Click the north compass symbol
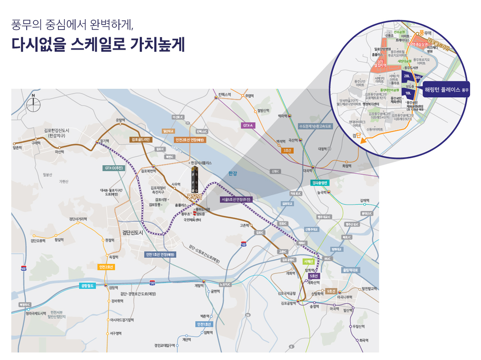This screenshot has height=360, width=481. pos(33,103)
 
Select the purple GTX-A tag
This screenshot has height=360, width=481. pos(248,125)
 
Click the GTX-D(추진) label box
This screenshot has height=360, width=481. pos(113,168)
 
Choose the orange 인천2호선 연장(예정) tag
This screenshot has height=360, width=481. pos(190,140)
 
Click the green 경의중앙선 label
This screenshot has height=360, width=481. pos(320,183)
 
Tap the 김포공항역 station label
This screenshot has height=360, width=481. pos(287,303)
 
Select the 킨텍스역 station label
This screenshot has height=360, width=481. pos(224,95)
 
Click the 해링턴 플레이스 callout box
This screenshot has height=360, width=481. pos(446,89)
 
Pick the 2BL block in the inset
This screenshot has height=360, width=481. pos(407,76)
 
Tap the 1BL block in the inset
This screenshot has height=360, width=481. pos(408,93)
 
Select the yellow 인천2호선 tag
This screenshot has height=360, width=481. pos(106,267)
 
